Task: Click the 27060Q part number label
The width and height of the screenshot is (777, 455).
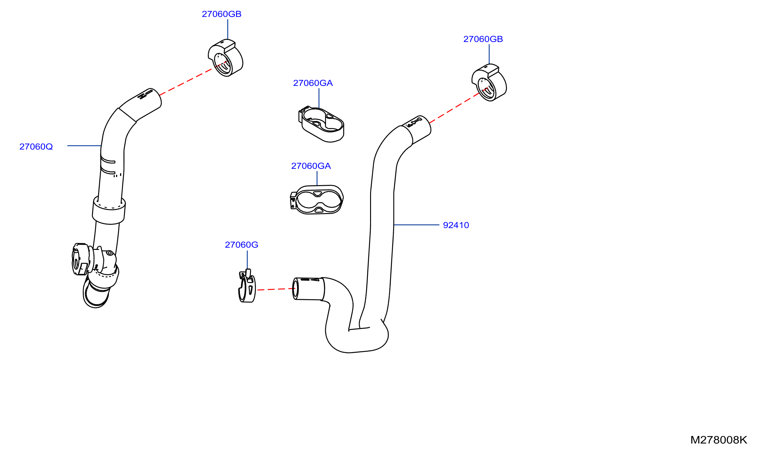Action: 36,147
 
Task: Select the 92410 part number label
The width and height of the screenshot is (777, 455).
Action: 456,225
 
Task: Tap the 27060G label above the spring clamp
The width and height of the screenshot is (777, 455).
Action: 242,245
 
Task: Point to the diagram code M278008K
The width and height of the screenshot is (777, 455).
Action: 719,440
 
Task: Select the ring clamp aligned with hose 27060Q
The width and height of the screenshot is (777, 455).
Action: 225,58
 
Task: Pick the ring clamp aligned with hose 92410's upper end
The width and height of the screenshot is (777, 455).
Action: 489,82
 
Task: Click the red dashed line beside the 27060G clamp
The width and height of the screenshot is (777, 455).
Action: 276,289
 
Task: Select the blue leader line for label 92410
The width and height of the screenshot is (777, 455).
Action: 416,225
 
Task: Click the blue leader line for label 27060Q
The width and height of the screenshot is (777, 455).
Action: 84,146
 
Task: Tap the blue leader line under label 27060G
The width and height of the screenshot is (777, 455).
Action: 247,260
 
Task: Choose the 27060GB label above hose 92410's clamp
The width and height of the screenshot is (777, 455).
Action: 483,39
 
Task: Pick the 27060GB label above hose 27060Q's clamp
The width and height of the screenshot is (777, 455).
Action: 222,14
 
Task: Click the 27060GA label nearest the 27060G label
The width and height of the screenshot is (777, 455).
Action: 311,166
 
